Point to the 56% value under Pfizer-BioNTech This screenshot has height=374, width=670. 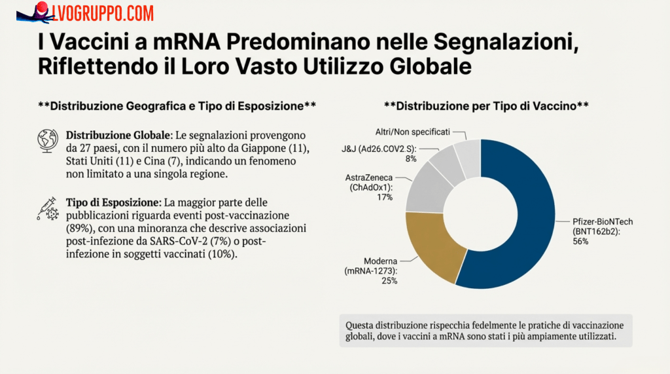click(581, 242)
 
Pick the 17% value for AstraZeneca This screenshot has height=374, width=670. click(384, 196)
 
